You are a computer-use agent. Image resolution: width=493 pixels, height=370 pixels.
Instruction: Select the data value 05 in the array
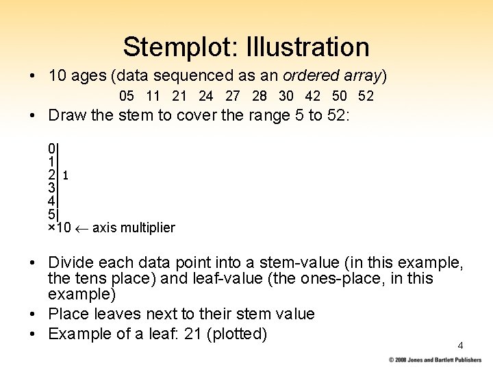127,96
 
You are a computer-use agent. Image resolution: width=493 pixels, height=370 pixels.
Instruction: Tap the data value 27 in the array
233,96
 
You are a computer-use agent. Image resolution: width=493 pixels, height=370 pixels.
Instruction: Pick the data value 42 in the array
312,96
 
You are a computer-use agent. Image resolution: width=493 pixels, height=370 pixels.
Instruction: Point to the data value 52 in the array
366,96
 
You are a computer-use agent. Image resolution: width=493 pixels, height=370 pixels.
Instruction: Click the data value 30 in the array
286,96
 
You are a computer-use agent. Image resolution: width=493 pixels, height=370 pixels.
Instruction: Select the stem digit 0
52,149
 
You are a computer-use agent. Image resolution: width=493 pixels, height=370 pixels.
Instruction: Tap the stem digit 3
52,188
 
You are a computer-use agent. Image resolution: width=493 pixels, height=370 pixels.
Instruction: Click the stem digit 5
52,214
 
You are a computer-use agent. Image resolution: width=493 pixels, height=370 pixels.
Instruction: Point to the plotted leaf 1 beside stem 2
65,175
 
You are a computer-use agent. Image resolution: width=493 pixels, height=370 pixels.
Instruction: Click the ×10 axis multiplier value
59,227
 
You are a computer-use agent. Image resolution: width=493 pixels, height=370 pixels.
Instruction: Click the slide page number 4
460,345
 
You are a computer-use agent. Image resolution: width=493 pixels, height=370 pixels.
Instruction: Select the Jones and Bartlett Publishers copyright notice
435,360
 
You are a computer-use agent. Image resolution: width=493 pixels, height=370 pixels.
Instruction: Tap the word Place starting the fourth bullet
68,314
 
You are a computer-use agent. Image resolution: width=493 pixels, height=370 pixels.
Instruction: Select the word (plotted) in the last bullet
239,334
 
